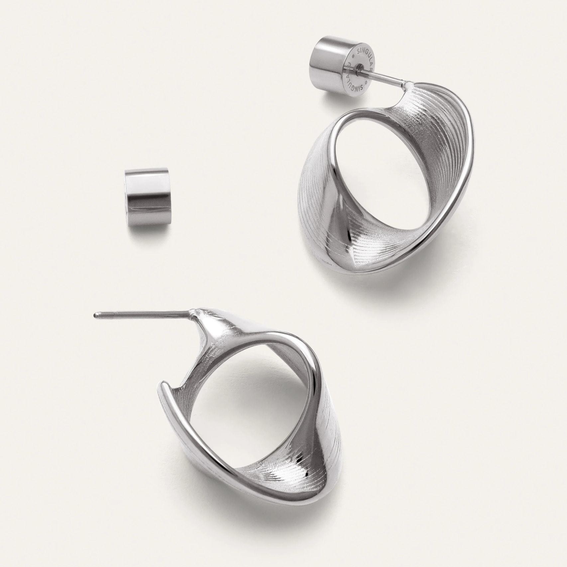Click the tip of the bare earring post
coord(96,314)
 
